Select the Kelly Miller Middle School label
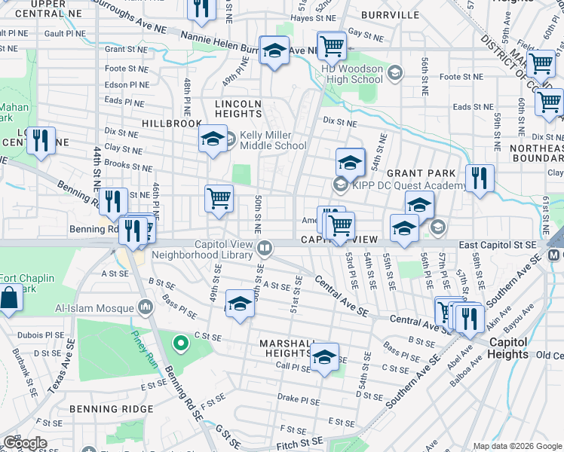click(x=273, y=141)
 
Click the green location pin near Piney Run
click(x=180, y=345)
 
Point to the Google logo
click(x=24, y=443)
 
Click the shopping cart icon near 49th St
click(x=219, y=199)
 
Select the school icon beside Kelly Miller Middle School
click(x=213, y=139)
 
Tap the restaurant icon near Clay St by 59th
click(x=480, y=178)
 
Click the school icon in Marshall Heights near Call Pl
click(x=325, y=356)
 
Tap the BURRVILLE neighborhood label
click(x=389, y=14)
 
